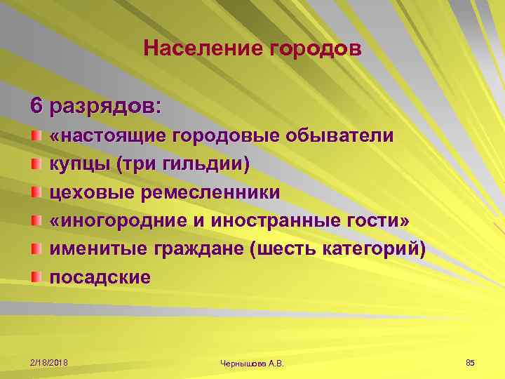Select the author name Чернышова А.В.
pyautogui.click(x=252, y=361)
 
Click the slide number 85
pyautogui.click(x=470, y=361)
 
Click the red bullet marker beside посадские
pyautogui.click(x=35, y=275)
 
